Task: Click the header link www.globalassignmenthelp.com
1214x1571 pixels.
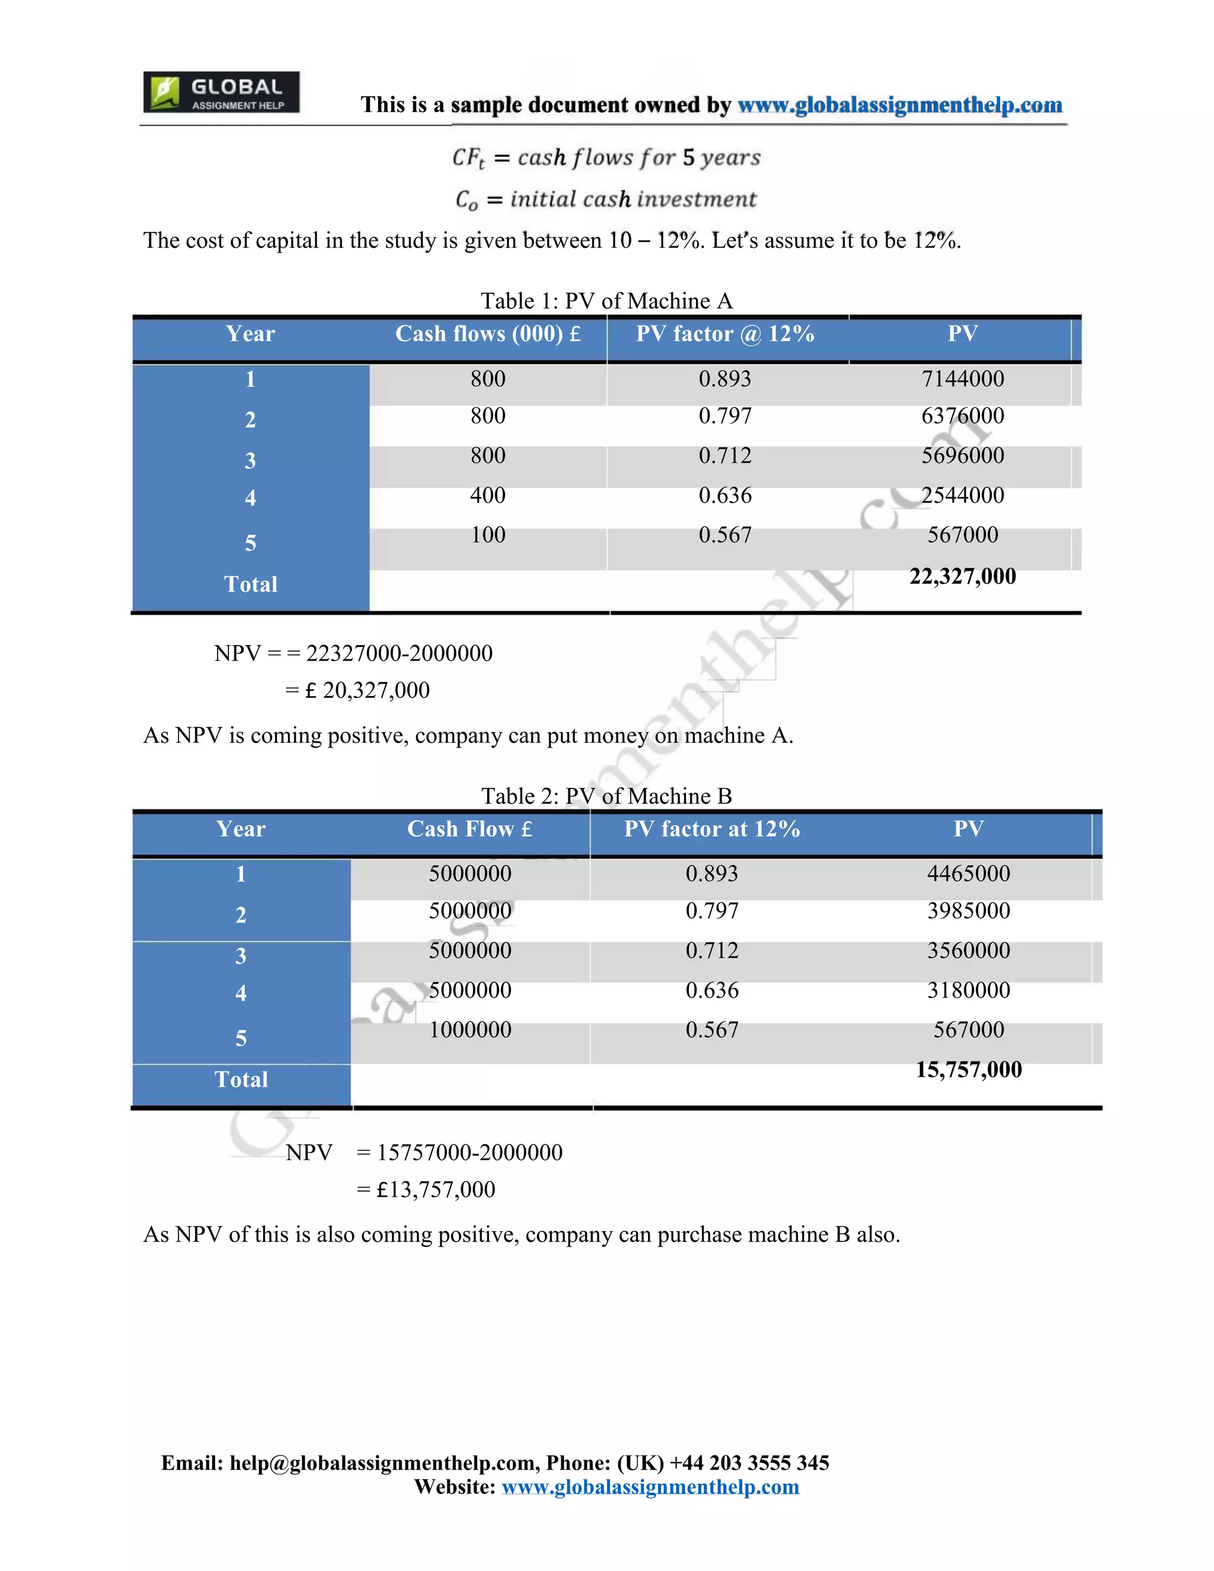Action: point(900,105)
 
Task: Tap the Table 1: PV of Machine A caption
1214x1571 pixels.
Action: point(606,301)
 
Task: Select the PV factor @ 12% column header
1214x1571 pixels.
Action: point(725,334)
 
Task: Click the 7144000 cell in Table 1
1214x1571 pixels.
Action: point(962,379)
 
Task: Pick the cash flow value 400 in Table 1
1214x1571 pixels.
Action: point(488,495)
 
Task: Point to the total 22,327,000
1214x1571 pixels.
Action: point(962,576)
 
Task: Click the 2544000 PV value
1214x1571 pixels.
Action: point(962,495)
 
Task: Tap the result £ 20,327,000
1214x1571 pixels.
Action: point(367,691)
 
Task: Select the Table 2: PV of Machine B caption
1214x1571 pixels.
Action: point(606,796)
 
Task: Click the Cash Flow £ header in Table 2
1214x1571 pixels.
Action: point(469,829)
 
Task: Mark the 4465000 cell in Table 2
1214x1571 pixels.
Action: point(968,874)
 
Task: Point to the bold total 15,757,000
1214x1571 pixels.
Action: point(968,1069)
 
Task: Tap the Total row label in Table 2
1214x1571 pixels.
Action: point(241,1080)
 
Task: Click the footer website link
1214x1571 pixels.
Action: point(650,1487)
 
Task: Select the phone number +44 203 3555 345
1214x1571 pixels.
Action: point(749,1463)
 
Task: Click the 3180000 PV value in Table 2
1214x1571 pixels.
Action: point(968,991)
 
